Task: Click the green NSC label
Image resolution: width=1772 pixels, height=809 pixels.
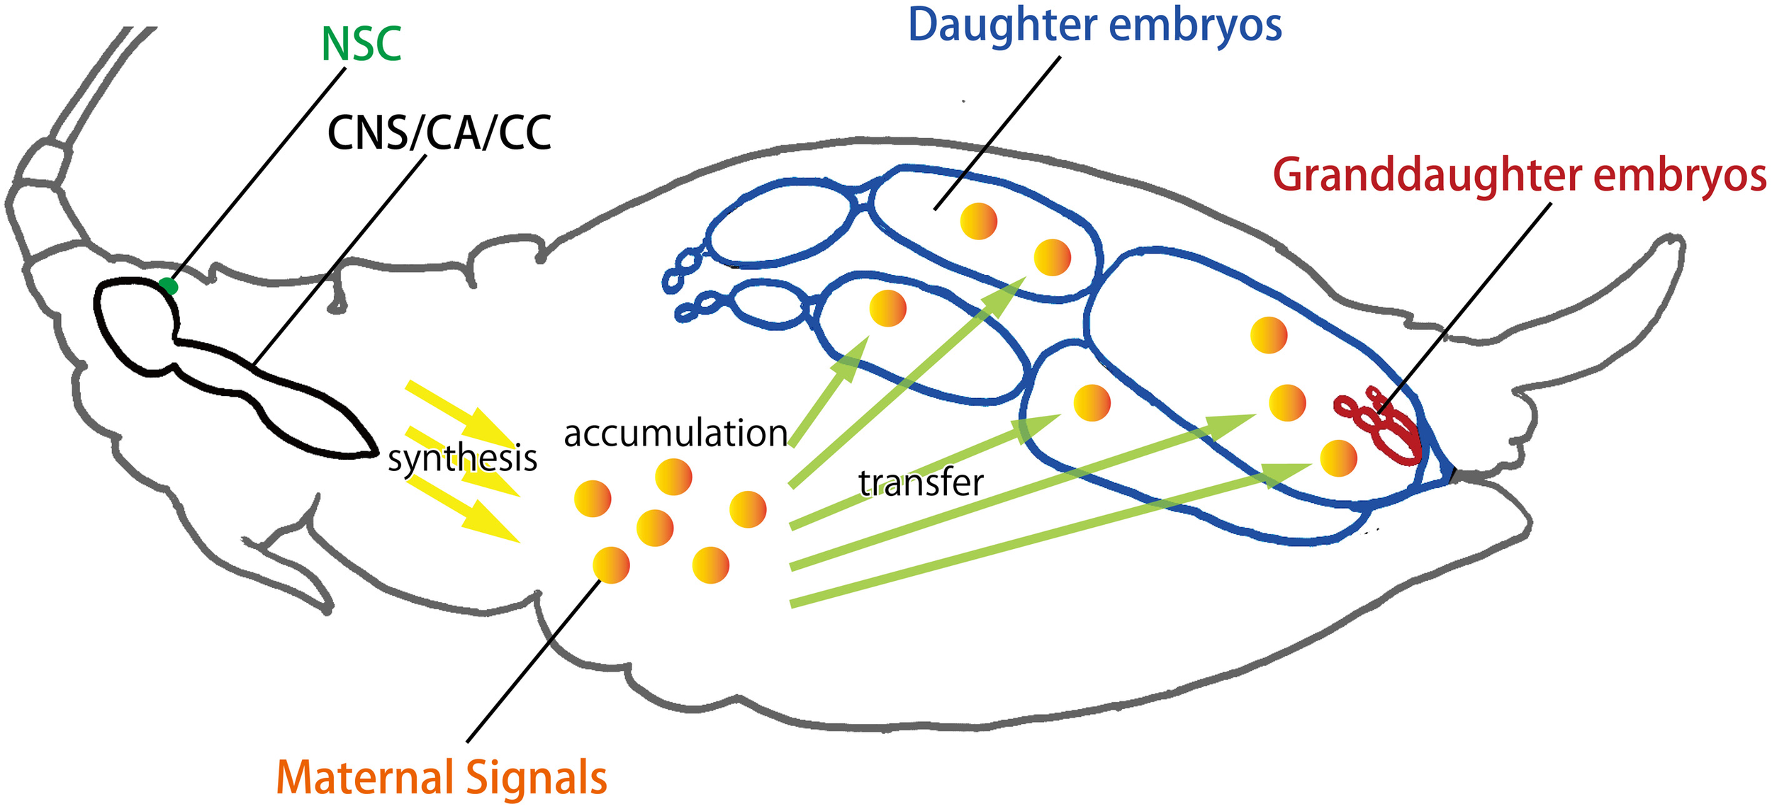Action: pyautogui.click(x=361, y=45)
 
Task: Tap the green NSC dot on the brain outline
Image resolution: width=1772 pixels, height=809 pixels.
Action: pyautogui.click(x=168, y=286)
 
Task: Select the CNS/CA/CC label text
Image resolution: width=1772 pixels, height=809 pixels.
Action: pyautogui.click(x=439, y=132)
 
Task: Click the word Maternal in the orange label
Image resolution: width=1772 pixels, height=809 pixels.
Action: pyautogui.click(x=365, y=778)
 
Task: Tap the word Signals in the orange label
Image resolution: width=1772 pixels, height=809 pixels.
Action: pyautogui.click(x=537, y=778)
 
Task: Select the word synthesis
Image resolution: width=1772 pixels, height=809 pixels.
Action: pyautogui.click(x=462, y=458)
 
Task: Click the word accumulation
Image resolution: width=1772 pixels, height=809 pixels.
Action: pyautogui.click(x=675, y=434)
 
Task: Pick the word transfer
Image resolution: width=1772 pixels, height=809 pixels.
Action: pyautogui.click(x=920, y=483)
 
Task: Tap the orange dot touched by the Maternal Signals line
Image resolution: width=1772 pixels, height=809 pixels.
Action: pyautogui.click(x=611, y=565)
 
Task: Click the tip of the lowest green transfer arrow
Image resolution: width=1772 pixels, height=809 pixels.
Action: pyautogui.click(x=1308, y=466)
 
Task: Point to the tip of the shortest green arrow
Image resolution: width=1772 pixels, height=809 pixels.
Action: pyautogui.click(x=867, y=339)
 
